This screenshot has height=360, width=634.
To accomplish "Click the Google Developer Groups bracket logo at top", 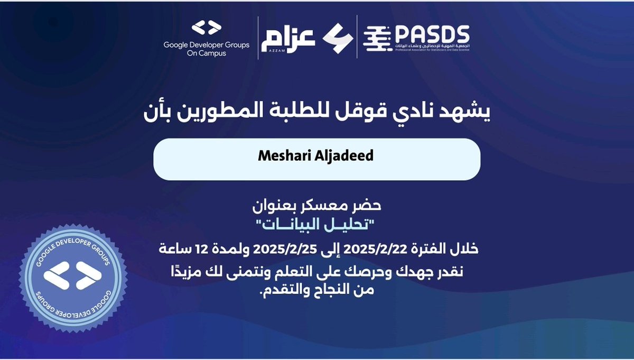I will pyautogui.click(x=206, y=29).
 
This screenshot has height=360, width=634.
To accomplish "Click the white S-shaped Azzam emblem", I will pyautogui.click(x=337, y=36).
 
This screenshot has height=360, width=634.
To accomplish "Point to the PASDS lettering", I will pyautogui.click(x=432, y=35).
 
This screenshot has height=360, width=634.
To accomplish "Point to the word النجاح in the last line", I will pyautogui.click(x=328, y=290).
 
